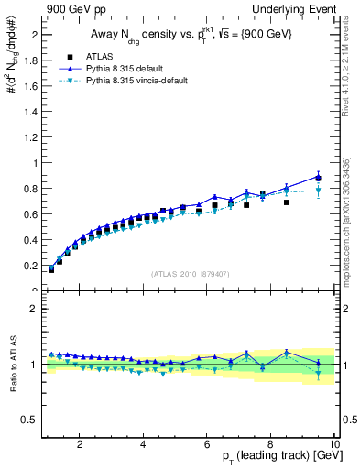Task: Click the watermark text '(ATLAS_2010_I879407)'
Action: (190, 273)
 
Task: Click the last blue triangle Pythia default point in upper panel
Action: (319, 177)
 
